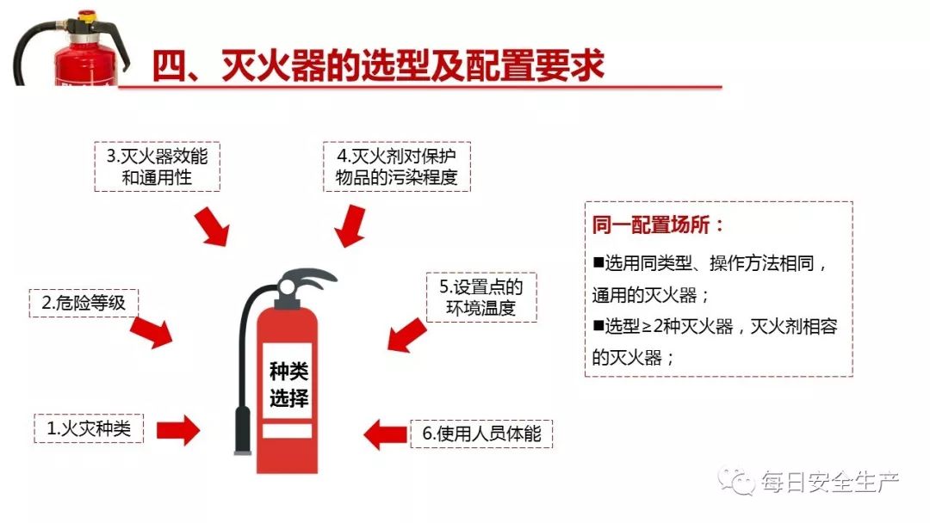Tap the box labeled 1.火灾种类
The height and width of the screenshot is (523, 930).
(x=89, y=428)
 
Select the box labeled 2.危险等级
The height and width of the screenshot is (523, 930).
(x=84, y=303)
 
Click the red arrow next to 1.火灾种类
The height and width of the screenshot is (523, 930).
(x=178, y=428)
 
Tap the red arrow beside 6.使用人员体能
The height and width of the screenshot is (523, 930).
(x=384, y=434)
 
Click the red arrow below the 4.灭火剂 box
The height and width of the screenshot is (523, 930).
(x=349, y=225)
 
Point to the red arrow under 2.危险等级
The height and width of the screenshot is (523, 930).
(x=152, y=331)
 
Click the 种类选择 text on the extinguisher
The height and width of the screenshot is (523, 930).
(x=288, y=385)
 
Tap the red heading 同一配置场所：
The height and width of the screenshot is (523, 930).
(x=659, y=225)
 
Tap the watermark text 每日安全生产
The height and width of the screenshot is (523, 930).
(x=828, y=483)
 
